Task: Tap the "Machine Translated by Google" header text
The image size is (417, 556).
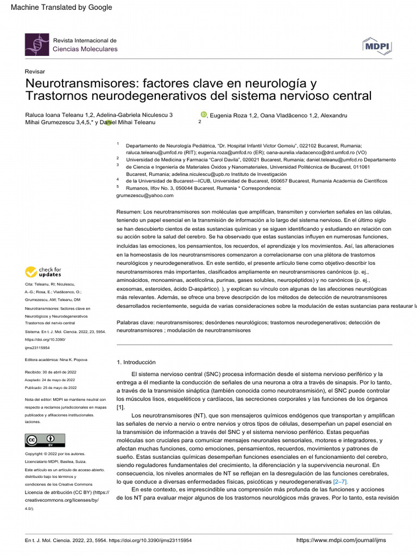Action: [x=61, y=7]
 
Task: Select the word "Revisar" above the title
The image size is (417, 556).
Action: [x=35, y=72]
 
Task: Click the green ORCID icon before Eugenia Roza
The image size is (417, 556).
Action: [x=204, y=115]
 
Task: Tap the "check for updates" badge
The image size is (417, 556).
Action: [x=43, y=272]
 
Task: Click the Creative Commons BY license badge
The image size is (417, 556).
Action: [x=45, y=440]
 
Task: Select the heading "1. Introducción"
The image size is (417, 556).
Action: [x=136, y=362]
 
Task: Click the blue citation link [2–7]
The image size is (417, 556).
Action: [x=340, y=482]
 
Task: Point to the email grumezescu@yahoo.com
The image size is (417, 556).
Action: [x=145, y=195]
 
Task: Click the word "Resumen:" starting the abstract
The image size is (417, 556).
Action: [x=129, y=211]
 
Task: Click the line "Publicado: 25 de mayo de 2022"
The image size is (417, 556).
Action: [x=51, y=388]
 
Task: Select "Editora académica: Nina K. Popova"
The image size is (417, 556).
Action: [x=56, y=360]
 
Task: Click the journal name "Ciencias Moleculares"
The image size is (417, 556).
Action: [x=85, y=49]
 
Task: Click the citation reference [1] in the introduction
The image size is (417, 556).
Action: [x=121, y=407]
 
